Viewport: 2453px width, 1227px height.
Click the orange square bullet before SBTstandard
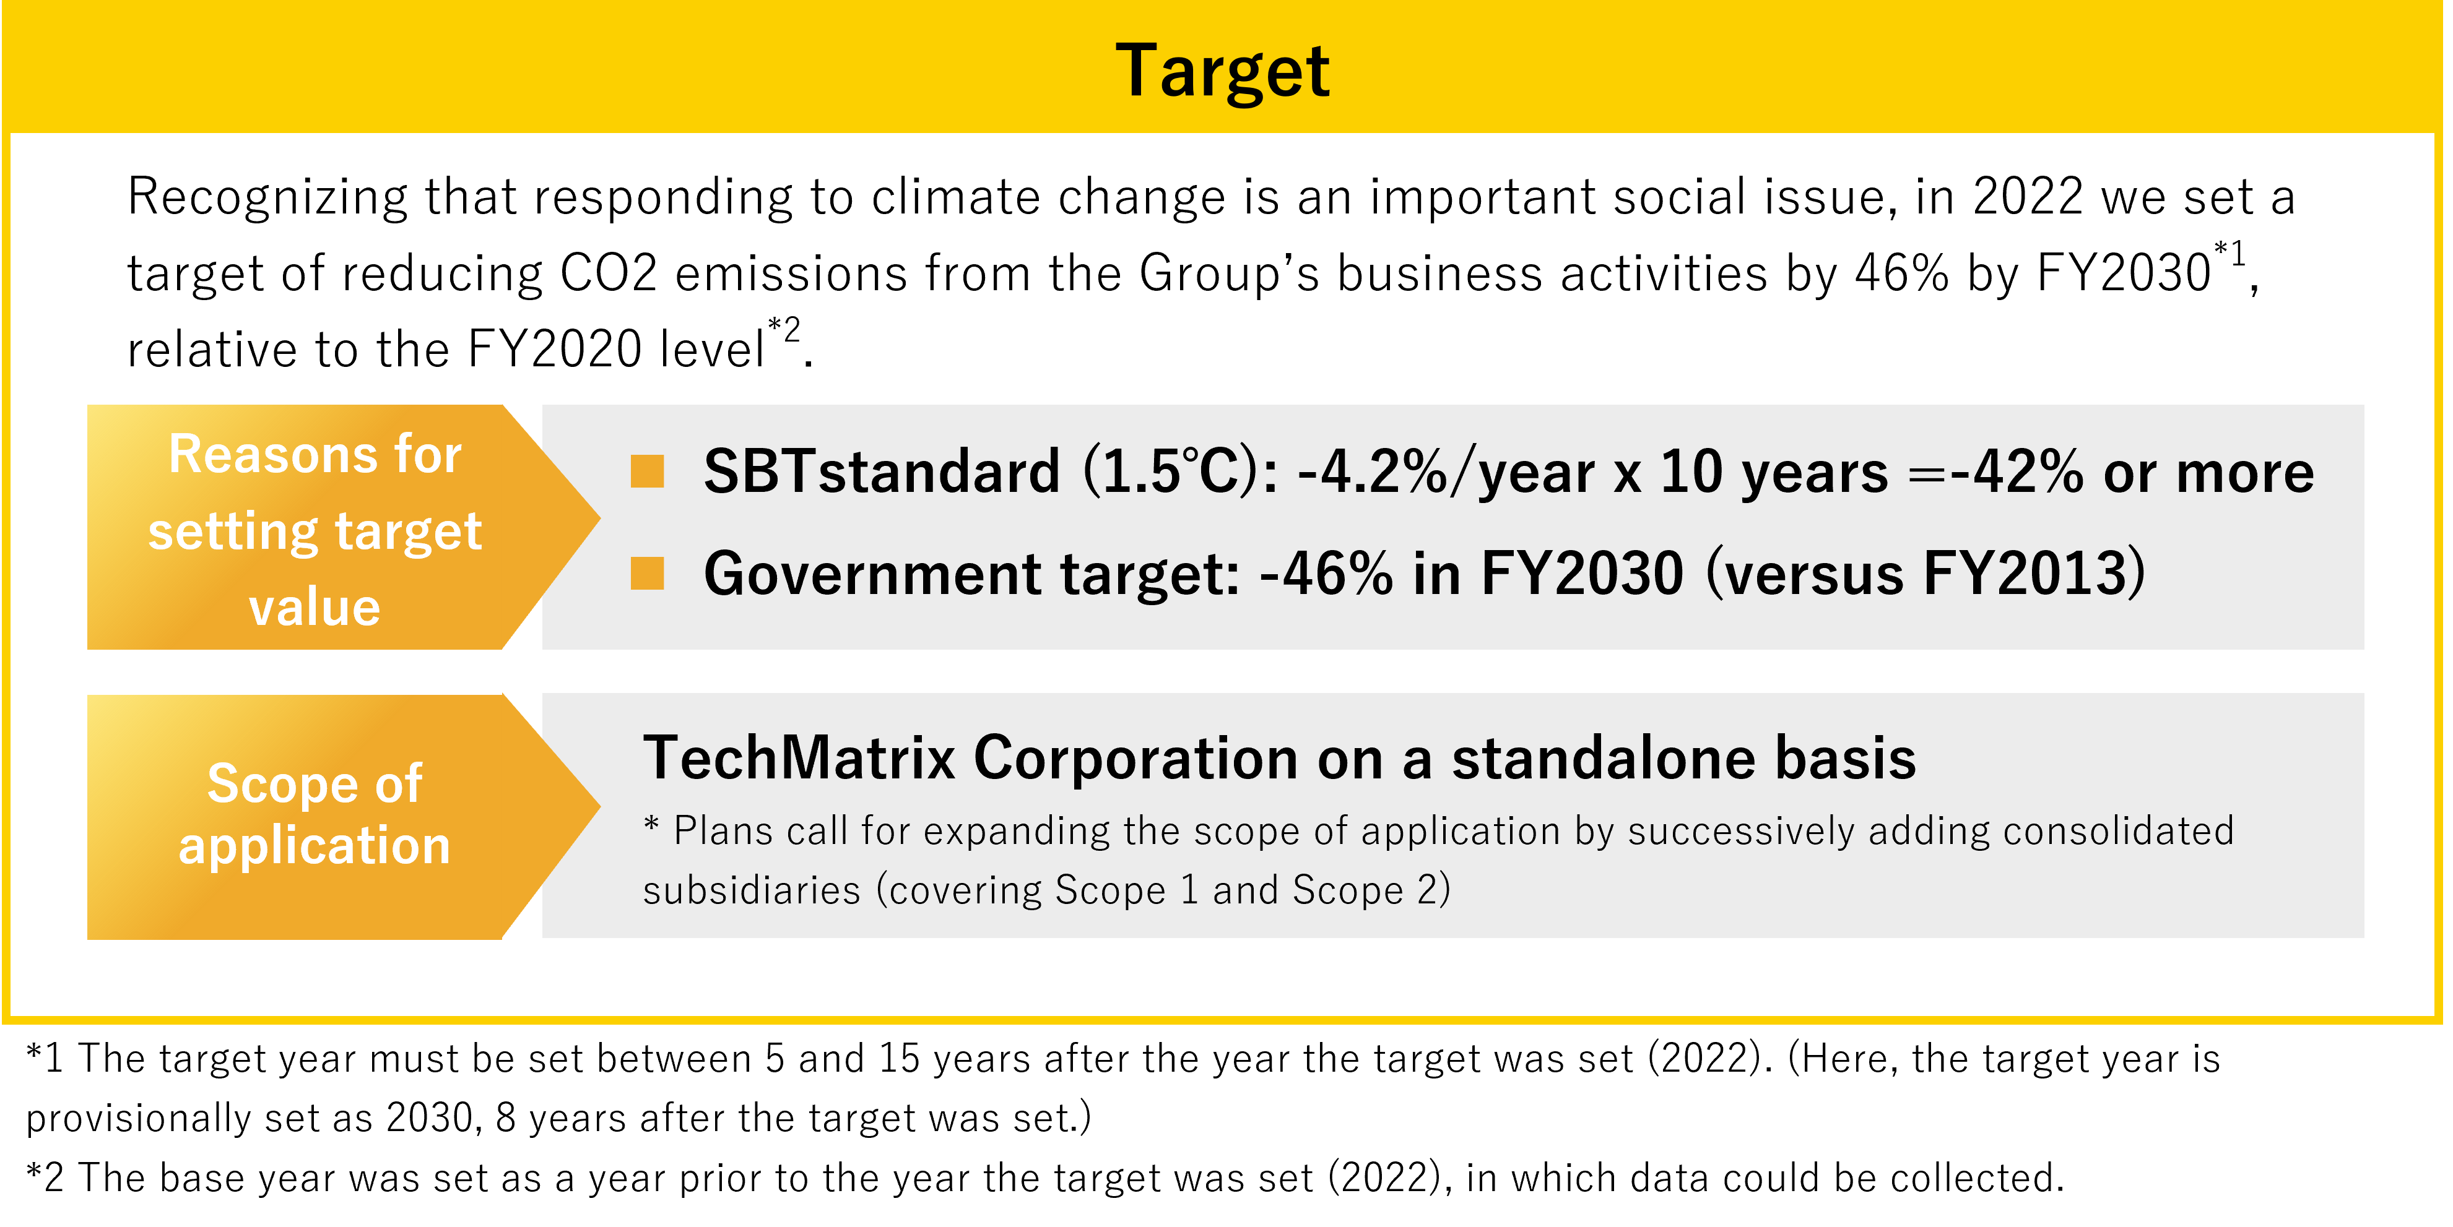648,470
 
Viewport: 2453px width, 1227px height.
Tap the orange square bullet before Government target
648,573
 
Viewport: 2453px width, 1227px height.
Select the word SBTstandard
882,471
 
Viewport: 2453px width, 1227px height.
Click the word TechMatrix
799,759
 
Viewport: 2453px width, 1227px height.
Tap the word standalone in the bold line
1604,759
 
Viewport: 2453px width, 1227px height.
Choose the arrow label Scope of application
315,815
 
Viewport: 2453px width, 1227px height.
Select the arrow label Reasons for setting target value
315,530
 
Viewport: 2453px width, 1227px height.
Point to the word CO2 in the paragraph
609,273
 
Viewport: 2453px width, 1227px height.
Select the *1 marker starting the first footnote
45,1059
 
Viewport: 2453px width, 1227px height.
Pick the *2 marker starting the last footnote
45,1179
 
